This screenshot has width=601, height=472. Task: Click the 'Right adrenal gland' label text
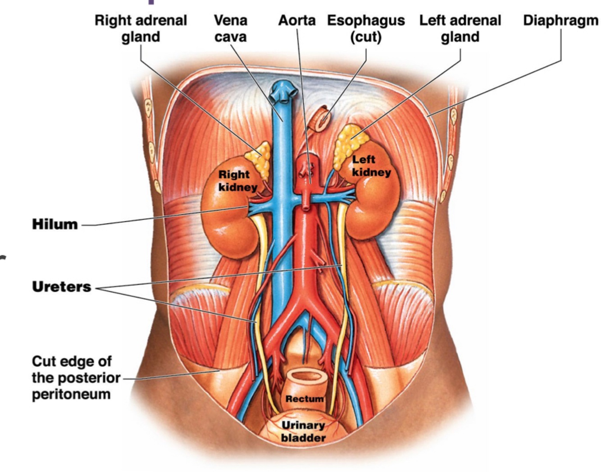click(x=141, y=28)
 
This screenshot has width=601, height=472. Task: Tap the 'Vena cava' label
click(x=230, y=28)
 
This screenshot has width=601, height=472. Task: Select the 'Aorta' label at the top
click(x=296, y=21)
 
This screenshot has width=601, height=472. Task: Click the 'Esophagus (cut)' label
click(x=365, y=28)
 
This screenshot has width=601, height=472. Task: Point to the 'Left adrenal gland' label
click(x=460, y=28)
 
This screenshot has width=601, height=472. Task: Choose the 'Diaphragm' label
click(x=560, y=21)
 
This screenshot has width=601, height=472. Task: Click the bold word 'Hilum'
click(x=55, y=224)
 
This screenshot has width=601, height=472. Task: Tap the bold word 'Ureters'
click(x=61, y=287)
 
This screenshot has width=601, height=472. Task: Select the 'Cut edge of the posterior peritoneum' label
click(x=76, y=378)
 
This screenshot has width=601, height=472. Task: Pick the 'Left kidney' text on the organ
click(x=371, y=165)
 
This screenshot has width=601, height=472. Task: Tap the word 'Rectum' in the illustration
click(x=304, y=399)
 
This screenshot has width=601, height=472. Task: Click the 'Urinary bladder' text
click(x=303, y=431)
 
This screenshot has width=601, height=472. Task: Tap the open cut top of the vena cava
click(x=283, y=93)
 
